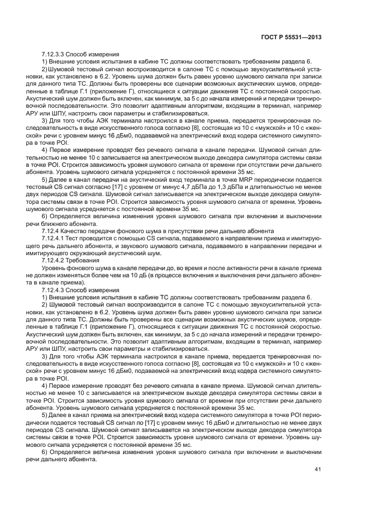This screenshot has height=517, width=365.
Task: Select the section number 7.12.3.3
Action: (54, 55)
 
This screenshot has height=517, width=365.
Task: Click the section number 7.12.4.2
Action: (54, 259)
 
